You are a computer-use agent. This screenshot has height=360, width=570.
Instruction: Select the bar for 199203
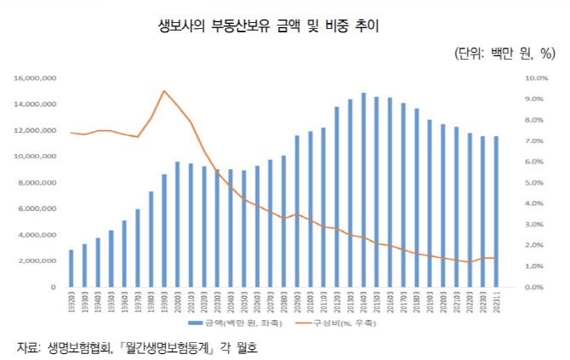[71, 268]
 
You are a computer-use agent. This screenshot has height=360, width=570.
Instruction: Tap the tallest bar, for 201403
[363, 190]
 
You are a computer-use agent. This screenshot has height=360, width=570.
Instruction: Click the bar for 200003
[178, 224]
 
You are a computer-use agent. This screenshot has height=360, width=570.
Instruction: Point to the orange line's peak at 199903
[164, 91]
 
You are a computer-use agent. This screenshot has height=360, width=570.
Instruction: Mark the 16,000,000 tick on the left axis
[36, 78]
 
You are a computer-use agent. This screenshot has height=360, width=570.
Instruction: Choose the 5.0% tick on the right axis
[531, 183]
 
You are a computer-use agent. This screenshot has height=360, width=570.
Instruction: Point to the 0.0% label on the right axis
[531, 288]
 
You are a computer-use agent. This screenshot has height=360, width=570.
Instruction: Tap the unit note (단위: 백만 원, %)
[505, 53]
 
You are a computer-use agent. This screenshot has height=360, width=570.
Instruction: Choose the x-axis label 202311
[497, 302]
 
